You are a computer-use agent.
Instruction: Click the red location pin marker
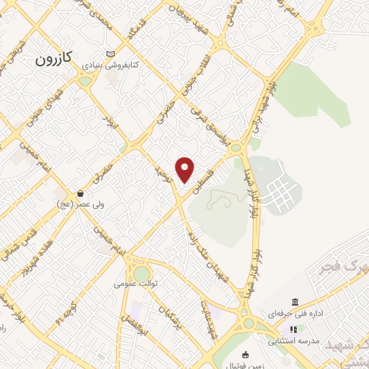point(186,169)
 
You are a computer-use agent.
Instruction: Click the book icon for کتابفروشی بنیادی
point(110,54)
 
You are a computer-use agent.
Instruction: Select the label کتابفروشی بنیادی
point(111,65)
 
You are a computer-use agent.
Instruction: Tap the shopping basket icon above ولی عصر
point(81,194)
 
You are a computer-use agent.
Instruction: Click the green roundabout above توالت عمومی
point(141,273)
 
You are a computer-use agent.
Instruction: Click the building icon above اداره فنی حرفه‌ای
point(295,302)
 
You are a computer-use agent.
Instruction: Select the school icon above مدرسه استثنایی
point(293,329)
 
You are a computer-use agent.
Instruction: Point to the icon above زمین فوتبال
point(246,354)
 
